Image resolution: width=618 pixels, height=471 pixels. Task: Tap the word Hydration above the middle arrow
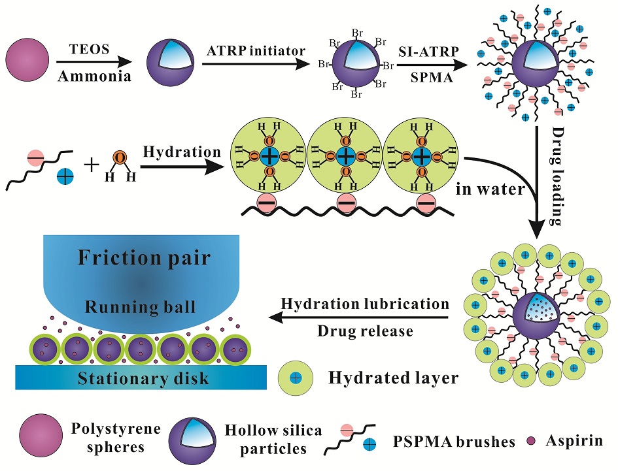point(182,152)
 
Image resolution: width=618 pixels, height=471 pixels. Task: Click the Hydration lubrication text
point(364,304)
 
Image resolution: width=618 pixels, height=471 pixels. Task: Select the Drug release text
point(365,331)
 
